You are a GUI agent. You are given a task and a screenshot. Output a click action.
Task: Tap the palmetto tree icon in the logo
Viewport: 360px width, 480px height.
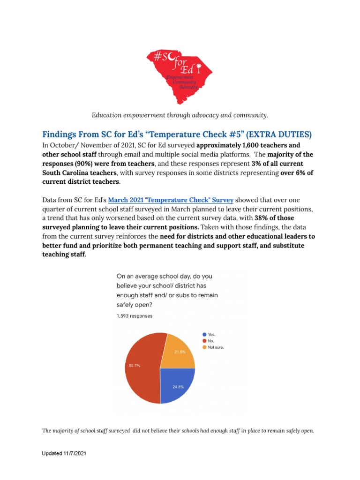(199, 69)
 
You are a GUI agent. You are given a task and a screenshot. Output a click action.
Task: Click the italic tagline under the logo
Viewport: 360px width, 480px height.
(180, 115)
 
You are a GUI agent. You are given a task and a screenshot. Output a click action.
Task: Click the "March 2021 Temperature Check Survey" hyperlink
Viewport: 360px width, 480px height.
(171, 200)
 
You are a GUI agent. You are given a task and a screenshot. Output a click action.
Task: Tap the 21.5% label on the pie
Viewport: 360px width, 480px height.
(180, 352)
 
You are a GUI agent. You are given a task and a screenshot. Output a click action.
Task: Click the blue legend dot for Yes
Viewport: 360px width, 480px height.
(204, 335)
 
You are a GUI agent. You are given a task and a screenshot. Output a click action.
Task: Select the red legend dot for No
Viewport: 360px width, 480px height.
(204, 341)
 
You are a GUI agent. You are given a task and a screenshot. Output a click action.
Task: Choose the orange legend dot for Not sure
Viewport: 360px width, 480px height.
(204, 347)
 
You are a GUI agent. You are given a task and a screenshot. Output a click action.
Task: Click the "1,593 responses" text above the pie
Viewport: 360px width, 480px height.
(135, 316)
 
